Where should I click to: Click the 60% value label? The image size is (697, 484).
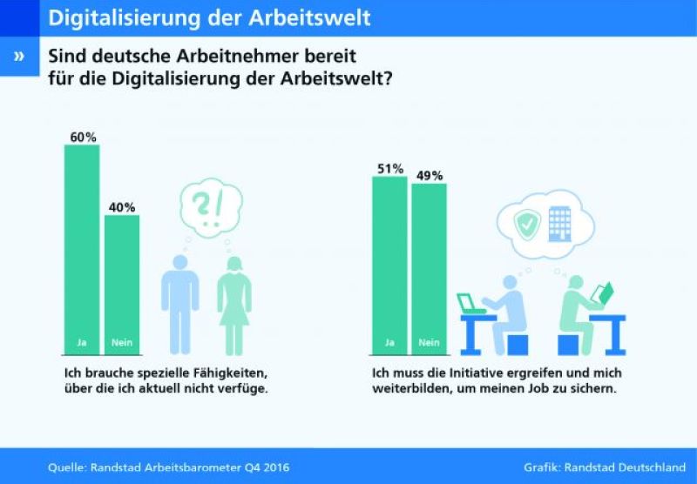click(83, 137)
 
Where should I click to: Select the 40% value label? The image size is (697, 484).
click(122, 207)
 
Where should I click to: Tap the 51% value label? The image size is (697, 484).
click(389, 169)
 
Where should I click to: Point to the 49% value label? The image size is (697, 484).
click(429, 176)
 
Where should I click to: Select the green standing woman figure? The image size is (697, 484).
click(234, 305)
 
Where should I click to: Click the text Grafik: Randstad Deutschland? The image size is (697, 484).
click(605, 467)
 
